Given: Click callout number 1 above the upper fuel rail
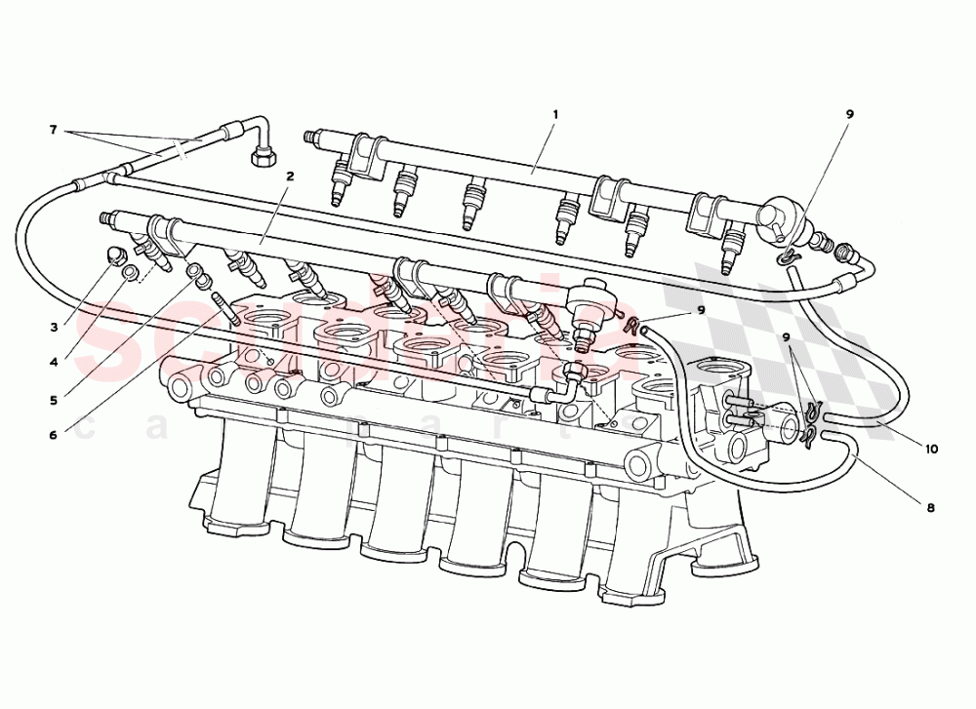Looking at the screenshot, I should click(x=554, y=114).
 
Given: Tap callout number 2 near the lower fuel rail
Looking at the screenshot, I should click(x=291, y=177).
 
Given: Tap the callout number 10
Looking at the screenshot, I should click(x=932, y=450).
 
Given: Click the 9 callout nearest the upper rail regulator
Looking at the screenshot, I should click(x=849, y=114).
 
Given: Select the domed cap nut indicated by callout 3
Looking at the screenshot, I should click(x=116, y=256).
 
